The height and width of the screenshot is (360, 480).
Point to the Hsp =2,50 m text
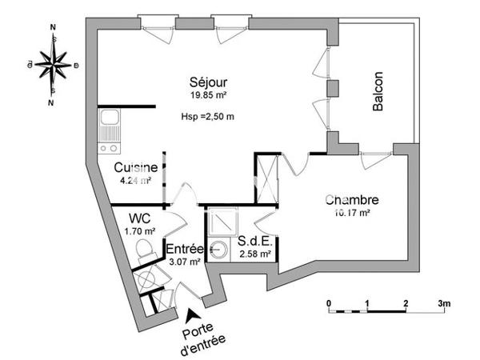coord(208,118)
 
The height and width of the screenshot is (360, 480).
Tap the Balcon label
coord(378,92)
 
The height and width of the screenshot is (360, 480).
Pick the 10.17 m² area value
coord(351,213)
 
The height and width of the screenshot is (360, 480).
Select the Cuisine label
coord(134,168)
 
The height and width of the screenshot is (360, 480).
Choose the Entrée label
coord(184,248)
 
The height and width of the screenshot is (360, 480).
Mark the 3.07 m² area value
coord(184,262)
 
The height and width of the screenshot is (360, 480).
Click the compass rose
coord(53,64)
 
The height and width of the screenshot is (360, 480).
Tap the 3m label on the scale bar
coord(444,303)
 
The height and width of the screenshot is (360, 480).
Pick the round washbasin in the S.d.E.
coord(218,250)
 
